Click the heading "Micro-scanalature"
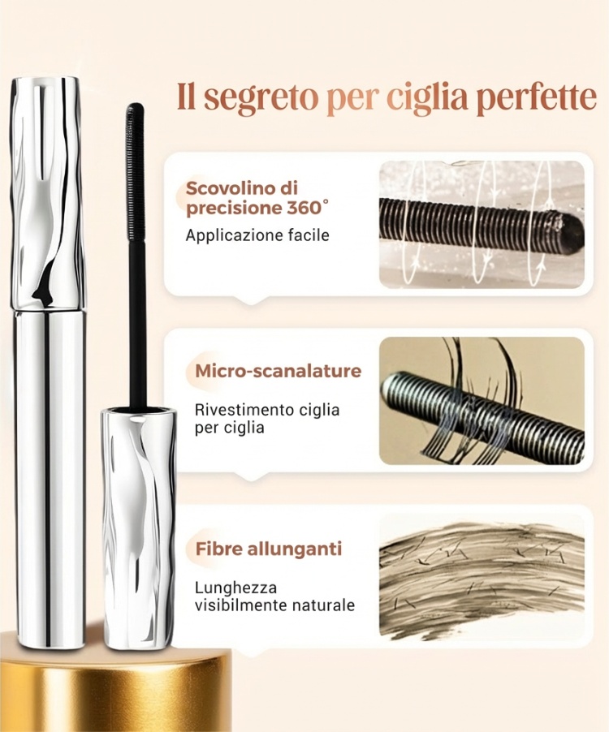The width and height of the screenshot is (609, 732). point(279,371)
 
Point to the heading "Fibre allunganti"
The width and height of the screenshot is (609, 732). point(269,548)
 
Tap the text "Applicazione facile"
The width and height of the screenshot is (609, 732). point(257,235)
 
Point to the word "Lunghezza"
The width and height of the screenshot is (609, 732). point(235,588)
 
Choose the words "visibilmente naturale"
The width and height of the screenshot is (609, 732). point(274,605)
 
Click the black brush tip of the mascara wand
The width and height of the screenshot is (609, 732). point(136,172)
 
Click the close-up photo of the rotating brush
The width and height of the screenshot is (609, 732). point(482,225)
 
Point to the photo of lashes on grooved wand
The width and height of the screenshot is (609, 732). point(482,401)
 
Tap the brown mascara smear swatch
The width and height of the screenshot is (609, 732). point(482,581)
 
